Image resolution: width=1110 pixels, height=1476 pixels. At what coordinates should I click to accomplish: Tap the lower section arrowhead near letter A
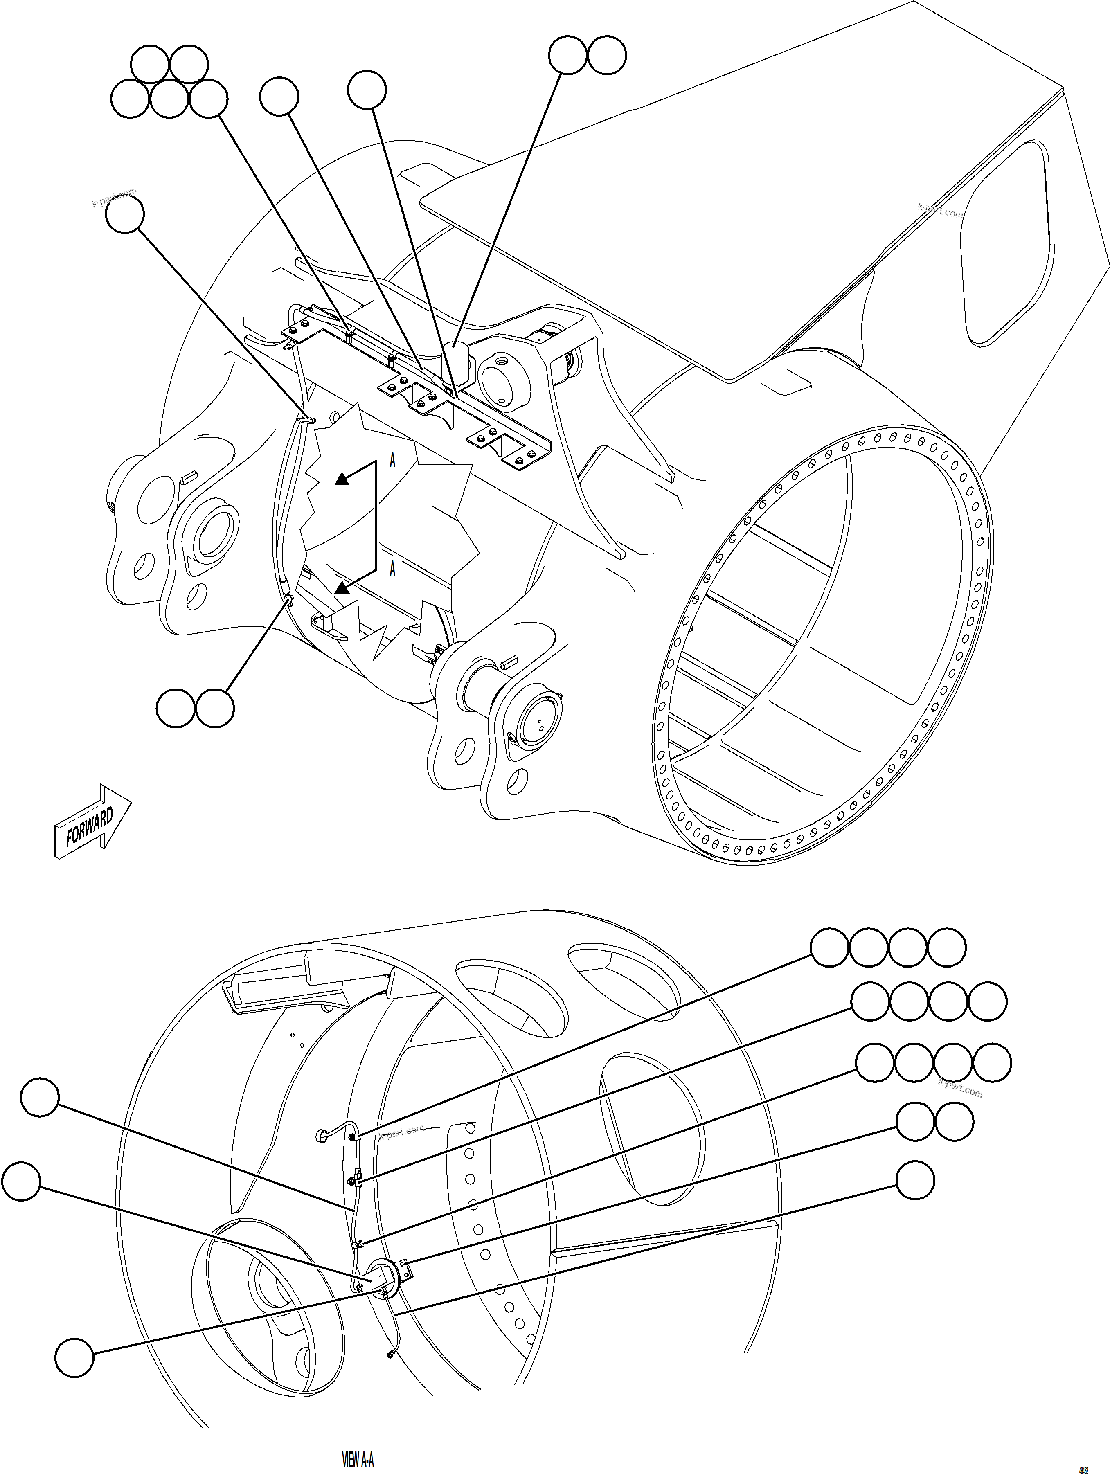(342, 587)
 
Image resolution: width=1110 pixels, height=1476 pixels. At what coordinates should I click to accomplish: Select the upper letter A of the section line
(392, 460)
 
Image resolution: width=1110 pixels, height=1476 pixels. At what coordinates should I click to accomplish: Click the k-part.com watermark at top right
(940, 210)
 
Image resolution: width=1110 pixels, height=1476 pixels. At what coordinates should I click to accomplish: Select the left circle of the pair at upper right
(568, 55)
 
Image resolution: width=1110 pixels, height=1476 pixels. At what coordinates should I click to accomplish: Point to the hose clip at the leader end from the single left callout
(309, 419)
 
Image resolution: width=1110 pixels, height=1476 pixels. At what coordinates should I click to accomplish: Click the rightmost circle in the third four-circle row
(992, 1063)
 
